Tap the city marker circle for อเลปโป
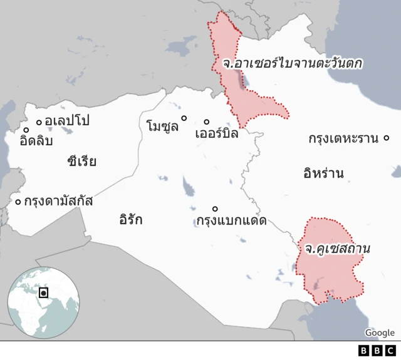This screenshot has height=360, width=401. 39,121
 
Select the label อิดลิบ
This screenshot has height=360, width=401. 36,141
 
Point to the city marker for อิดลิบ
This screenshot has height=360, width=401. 26,130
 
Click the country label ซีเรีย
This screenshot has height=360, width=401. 81,162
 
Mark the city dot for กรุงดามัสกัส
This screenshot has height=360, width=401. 18,201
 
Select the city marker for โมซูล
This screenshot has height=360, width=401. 184,118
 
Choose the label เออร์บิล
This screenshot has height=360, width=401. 217,133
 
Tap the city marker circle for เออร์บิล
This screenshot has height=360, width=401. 207,122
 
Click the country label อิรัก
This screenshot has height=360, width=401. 130,220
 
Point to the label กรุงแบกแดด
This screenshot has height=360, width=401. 231,220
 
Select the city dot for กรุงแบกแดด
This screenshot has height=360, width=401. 215,208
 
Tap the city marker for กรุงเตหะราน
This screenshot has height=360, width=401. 387,138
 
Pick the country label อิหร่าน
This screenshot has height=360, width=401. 323,173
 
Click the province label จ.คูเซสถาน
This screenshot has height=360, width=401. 338,249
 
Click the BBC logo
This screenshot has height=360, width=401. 377,351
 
